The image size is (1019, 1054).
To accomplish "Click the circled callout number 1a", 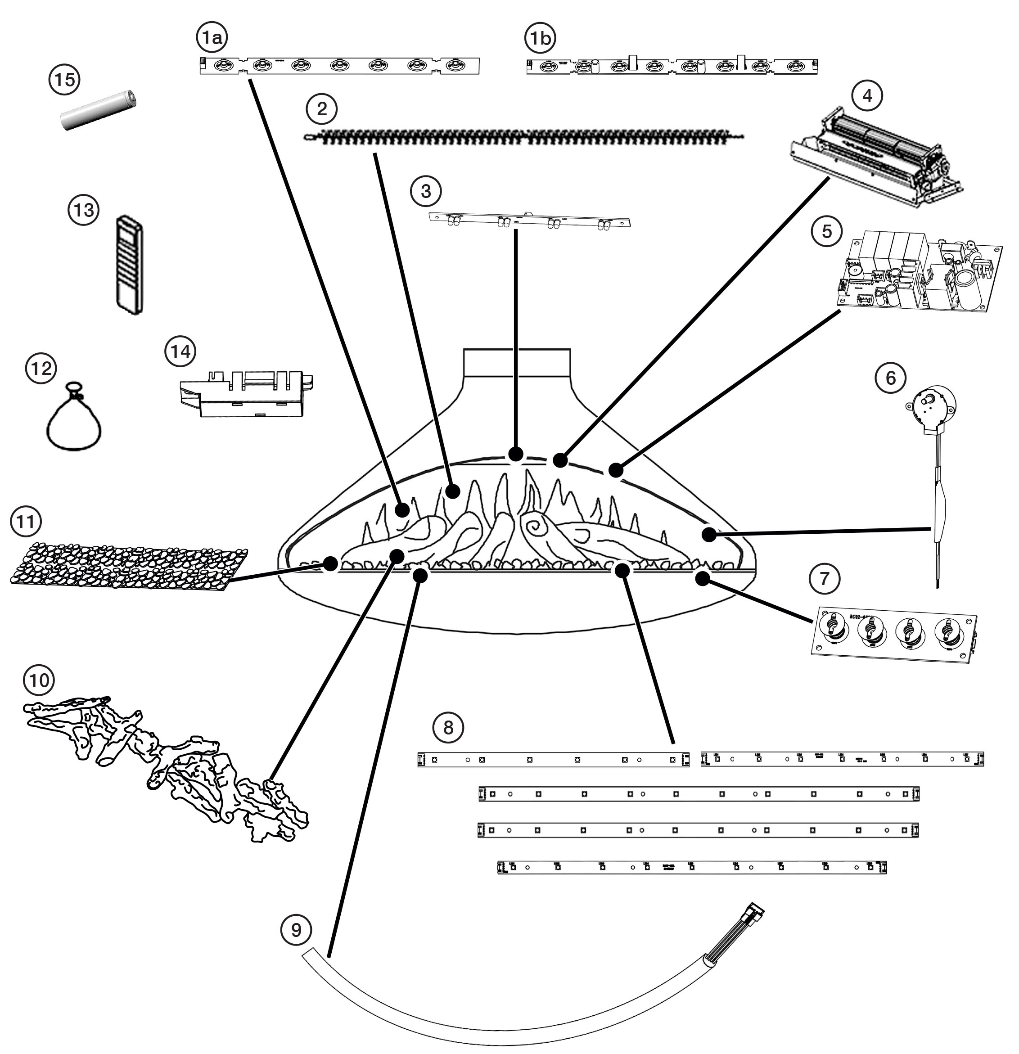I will (x=212, y=38).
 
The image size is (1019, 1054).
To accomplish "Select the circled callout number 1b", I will (x=540, y=38).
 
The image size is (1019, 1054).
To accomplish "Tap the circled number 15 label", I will (x=64, y=80).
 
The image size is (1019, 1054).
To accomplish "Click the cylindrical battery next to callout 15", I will (x=99, y=110).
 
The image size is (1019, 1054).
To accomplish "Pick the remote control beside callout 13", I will (x=129, y=264).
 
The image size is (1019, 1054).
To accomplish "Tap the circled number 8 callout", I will (x=448, y=728).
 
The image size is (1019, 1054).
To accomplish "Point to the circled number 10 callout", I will (x=39, y=680).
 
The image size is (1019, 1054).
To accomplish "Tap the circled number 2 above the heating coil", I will (x=321, y=109).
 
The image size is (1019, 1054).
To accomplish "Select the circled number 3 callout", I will (x=426, y=191).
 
